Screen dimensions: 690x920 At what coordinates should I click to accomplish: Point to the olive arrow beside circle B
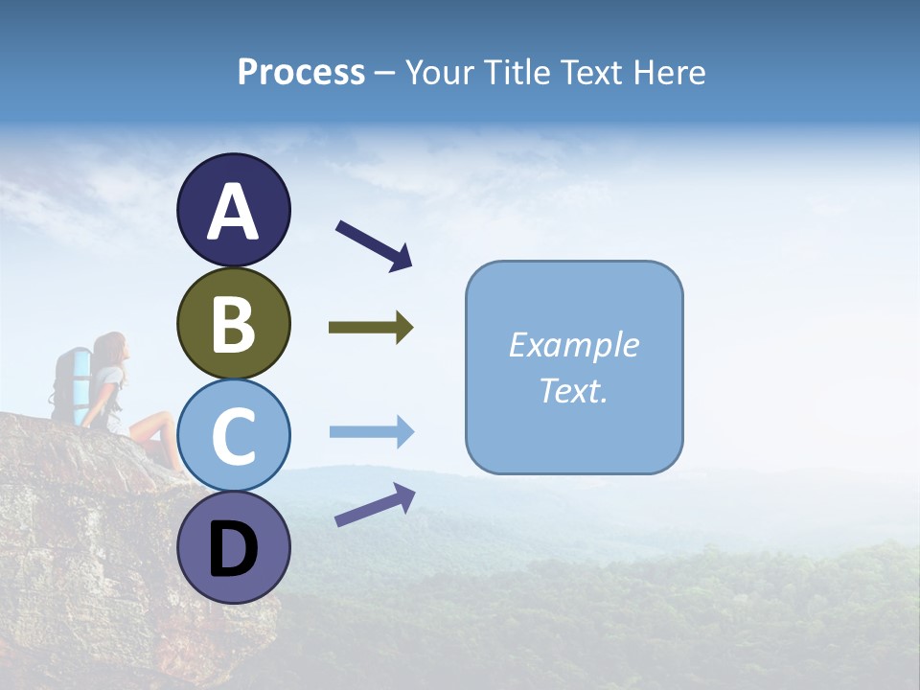[371, 328]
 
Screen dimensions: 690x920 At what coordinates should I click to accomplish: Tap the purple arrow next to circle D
[375, 505]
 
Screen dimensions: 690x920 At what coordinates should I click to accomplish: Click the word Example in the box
[574, 345]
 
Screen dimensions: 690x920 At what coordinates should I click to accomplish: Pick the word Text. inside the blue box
[574, 390]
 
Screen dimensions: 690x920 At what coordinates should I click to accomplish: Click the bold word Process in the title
[301, 72]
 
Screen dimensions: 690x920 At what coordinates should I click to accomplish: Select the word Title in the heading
[518, 72]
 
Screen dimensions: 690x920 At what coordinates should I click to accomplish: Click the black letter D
[233, 550]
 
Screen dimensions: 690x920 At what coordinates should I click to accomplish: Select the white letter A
[233, 213]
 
